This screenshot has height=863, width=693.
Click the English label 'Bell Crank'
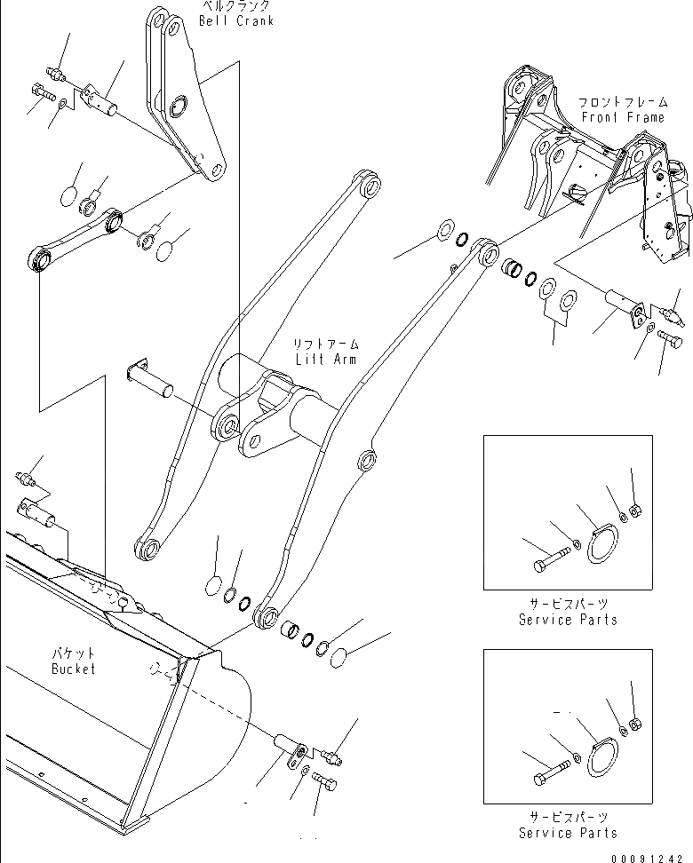tap(236, 20)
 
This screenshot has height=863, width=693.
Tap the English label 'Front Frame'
tap(622, 117)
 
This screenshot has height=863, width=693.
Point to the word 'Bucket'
tap(73, 669)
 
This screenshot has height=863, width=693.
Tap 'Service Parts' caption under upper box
tap(568, 619)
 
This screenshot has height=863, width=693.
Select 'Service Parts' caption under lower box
tap(568, 832)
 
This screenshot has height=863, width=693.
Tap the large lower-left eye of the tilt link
tap(39, 260)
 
